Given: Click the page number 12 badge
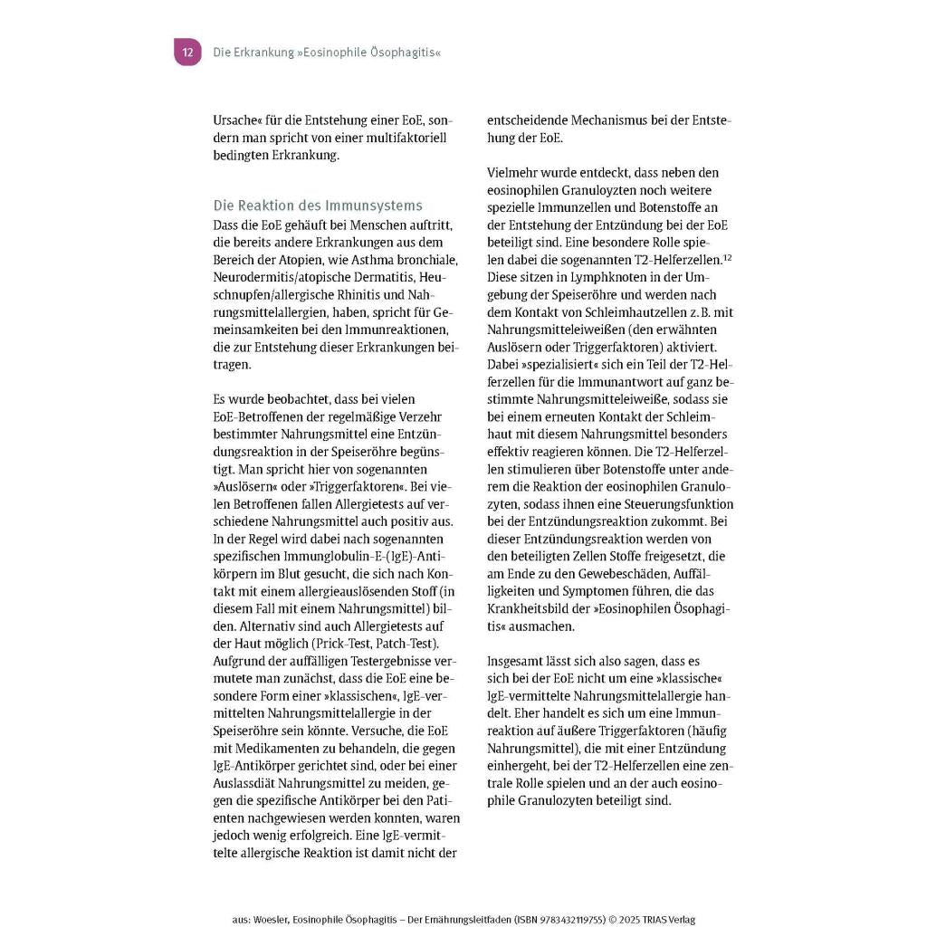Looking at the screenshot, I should [x=187, y=53].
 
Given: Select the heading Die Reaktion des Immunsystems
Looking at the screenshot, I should [x=318, y=205].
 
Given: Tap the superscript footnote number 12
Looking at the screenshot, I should [x=727, y=258].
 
